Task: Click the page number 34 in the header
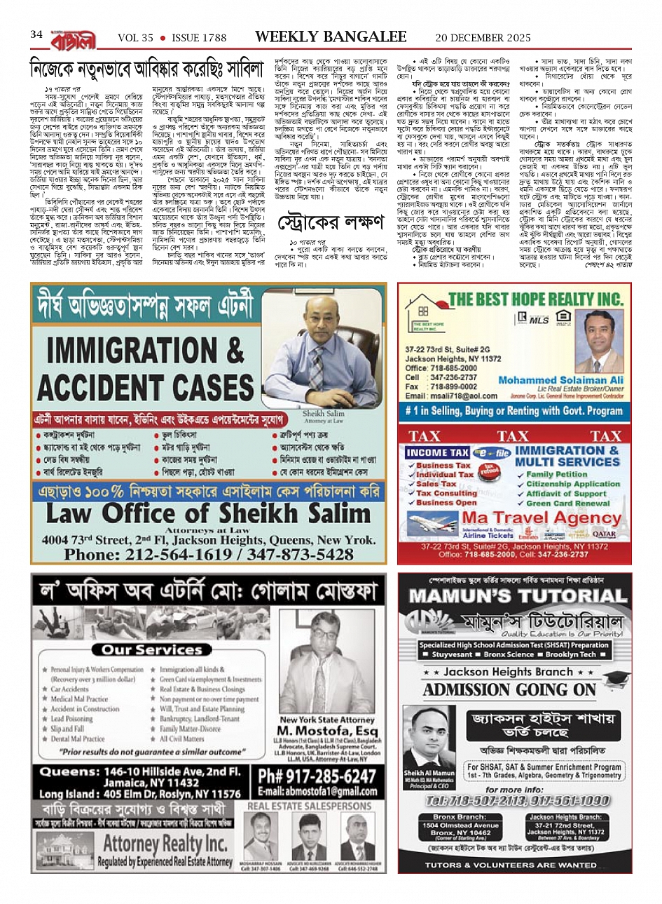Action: [36, 34]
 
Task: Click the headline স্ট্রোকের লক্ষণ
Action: [331, 223]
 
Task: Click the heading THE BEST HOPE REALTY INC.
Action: [535, 299]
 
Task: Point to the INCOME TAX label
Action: [437, 453]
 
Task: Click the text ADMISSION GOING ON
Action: [509, 689]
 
